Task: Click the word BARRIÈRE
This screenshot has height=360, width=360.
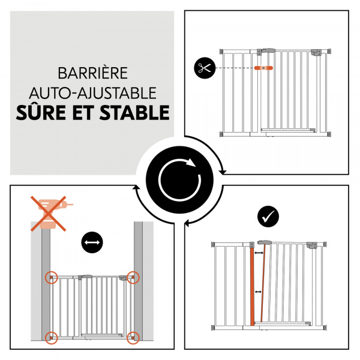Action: (93, 74)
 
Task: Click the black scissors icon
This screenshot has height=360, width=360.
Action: (204, 67)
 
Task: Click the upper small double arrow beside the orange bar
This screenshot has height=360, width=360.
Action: (259, 254)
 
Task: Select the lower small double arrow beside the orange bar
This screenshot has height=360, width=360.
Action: (259, 292)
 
